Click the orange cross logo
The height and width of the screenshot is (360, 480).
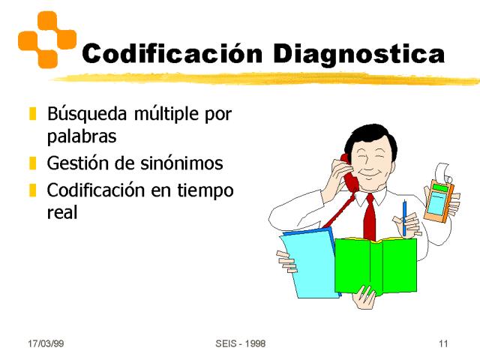click(x=47, y=40)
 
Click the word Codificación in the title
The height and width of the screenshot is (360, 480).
click(x=172, y=53)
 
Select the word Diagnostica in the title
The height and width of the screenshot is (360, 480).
click(x=358, y=55)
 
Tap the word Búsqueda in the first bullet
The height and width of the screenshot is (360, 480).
click(x=87, y=114)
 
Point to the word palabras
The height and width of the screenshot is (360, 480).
click(x=82, y=136)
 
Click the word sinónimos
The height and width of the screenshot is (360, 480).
click(x=181, y=163)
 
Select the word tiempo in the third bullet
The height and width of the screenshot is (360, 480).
click(x=205, y=191)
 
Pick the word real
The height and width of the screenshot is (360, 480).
click(x=62, y=212)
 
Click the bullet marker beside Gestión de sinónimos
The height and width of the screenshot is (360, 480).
click(x=33, y=163)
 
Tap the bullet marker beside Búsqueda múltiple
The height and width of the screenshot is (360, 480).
click(x=33, y=113)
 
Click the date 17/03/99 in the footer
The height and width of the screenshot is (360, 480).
click(x=46, y=343)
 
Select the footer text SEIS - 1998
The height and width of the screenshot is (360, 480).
click(x=240, y=343)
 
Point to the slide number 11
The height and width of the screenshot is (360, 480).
click(x=443, y=343)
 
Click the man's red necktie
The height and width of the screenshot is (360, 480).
click(x=370, y=217)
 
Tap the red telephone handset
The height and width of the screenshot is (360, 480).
click(x=349, y=172)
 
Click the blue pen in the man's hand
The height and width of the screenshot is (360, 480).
click(x=404, y=217)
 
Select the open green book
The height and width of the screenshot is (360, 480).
click(x=376, y=265)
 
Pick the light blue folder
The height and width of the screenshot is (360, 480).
click(x=310, y=264)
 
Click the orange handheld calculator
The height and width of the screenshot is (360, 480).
click(x=439, y=200)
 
